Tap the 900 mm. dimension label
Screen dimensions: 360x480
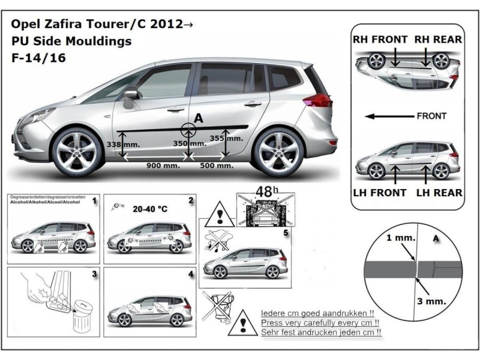click(163, 165)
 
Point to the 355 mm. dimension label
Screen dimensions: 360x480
click(227, 139)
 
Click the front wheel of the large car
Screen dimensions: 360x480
click(78, 152)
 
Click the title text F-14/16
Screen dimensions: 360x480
click(38, 58)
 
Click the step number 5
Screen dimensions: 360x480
click(286, 231)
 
